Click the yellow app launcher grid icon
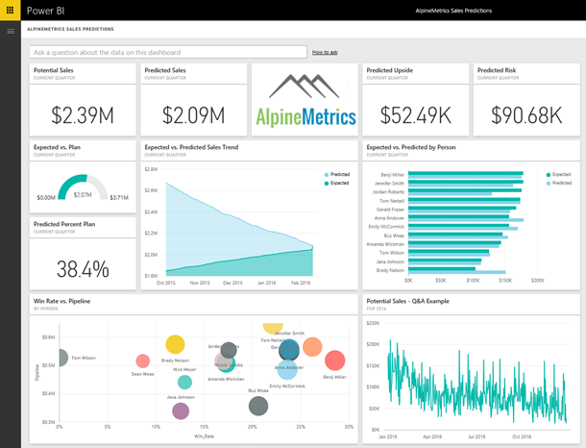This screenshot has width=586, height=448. tap(11, 10)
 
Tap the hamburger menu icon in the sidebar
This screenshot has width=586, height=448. tap(11, 31)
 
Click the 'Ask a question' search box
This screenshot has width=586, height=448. tap(167, 52)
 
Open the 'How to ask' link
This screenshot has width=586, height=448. tap(325, 52)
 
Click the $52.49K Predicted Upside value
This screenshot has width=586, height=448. tap(416, 115)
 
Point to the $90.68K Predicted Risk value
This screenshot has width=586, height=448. tap(525, 115)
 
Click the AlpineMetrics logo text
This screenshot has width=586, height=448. tap(305, 117)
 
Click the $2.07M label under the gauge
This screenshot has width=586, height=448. tap(83, 195)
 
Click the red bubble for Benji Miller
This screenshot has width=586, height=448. tap(334, 361)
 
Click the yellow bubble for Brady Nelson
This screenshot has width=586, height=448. tap(175, 344)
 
